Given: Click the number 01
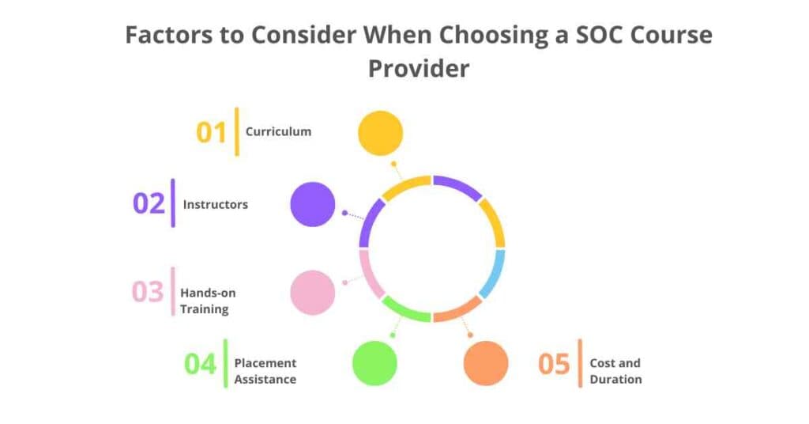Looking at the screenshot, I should pos(212,132).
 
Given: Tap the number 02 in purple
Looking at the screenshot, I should pos(149,204).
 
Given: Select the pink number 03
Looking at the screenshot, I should pos(148,292).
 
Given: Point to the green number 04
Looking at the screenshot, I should pos(201,364).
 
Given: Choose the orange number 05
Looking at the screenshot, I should pos(554,364).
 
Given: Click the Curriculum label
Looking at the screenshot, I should pos(278,131).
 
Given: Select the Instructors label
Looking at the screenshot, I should pos(216,204).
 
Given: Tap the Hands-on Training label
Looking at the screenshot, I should pos(208,301).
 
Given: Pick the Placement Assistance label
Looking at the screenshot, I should pos(265,371).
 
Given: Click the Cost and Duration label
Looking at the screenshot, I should pos(615,371).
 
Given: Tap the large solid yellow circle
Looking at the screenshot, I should pos(381,133).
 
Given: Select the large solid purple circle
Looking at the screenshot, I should pos(313,204).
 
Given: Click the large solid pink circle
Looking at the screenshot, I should pos(313,292).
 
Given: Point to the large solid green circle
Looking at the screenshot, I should pos(374,363).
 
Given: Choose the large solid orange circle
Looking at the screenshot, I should pos(486,363).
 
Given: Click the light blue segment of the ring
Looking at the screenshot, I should pos(492,273).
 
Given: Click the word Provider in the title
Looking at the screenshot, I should pos(419,68).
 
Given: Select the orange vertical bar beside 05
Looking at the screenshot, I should pos(581,364).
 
